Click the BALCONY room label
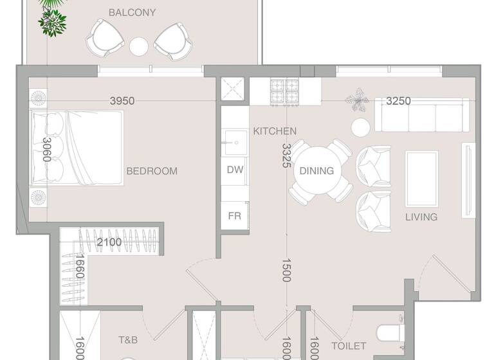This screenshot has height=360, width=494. [132, 12]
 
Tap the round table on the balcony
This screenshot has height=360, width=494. [139, 46]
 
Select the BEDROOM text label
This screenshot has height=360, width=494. [151, 171]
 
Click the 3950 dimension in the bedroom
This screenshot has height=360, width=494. [122, 101]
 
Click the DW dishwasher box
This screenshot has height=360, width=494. [235, 170]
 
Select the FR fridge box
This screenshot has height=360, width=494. [235, 216]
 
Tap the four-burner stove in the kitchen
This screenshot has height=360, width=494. [284, 93]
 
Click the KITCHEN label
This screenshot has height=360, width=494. [275, 131]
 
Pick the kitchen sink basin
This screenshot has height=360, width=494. [234, 143]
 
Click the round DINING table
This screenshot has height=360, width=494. [316, 171]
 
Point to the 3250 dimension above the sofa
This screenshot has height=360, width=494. [398, 101]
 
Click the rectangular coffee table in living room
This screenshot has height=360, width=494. [421, 174]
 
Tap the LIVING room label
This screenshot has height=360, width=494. [421, 217]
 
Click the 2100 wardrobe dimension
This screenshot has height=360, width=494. [109, 242]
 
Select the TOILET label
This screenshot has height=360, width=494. [348, 346]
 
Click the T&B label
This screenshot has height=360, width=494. [128, 339]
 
